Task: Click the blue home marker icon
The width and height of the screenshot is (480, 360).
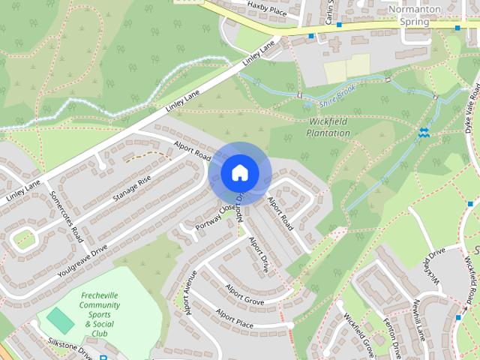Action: [238, 173]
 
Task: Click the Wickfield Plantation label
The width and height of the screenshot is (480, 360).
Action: [328, 127]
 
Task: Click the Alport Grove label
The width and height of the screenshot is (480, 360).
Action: [244, 293]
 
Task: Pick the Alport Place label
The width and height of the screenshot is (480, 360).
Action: [235, 319]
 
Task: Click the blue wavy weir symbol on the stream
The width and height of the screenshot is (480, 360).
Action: [424, 133]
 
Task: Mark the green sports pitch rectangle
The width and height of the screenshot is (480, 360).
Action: [60, 321]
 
